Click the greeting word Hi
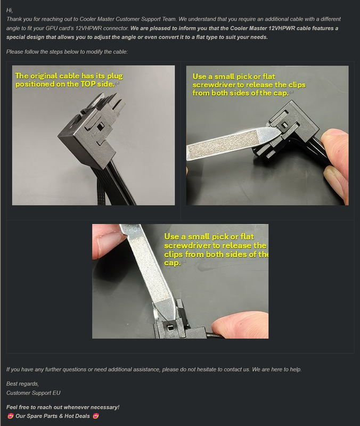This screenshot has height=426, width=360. (x=9, y=10)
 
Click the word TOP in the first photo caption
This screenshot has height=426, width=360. (x=88, y=84)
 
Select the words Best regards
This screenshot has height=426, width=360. (x=22, y=383)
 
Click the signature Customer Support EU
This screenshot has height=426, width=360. (x=34, y=393)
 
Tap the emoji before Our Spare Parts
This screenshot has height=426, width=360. (x=10, y=416)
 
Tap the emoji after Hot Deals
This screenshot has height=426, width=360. (x=96, y=416)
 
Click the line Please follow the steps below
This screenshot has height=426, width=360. (x=67, y=52)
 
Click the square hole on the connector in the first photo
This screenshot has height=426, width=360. (x=100, y=126)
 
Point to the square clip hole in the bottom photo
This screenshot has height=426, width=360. (x=170, y=327)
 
